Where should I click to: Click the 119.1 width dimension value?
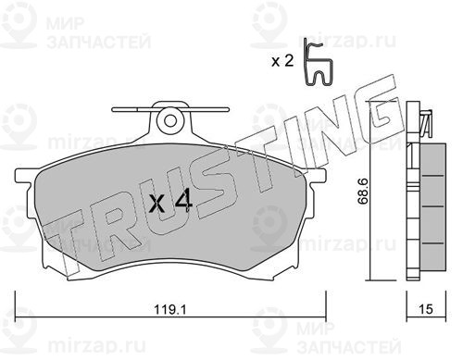pos(170,309)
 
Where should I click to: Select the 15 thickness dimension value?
pos(426,309)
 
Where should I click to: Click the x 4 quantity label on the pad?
pos(170,201)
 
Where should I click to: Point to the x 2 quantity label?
pos(282,61)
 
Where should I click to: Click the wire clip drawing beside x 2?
pos(318,62)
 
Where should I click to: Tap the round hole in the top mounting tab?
pos(170,120)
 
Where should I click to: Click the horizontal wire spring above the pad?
pos(170,109)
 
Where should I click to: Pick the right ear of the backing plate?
pos(317,177)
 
